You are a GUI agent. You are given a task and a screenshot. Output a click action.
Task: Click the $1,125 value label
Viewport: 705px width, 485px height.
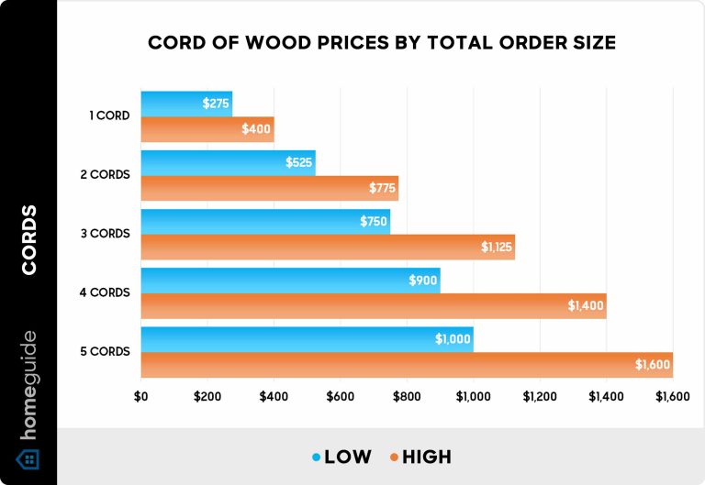[497, 247]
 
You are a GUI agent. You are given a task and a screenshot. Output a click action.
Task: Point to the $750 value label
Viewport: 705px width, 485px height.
[373, 221]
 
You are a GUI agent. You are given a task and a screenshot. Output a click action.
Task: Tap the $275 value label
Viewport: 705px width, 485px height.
[217, 104]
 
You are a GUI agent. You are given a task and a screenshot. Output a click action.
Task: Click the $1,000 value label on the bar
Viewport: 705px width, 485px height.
[453, 339]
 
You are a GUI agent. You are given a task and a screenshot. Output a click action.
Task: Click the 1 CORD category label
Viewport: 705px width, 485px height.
[112, 116]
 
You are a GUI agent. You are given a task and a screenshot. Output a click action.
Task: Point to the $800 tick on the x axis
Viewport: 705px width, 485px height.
[407, 397]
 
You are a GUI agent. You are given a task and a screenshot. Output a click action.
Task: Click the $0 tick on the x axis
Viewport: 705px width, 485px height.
[141, 397]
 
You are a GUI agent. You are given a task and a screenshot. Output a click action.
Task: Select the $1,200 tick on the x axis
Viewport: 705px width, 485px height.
[540, 397]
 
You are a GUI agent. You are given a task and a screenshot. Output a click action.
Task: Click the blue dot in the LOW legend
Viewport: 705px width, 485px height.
[316, 456]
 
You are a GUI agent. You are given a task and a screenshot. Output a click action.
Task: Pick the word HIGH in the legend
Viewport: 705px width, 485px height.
[426, 456]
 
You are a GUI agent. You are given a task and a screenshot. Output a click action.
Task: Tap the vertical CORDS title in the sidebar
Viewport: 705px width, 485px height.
[28, 240]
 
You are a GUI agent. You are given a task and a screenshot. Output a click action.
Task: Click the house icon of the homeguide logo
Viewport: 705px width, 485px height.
[28, 458]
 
